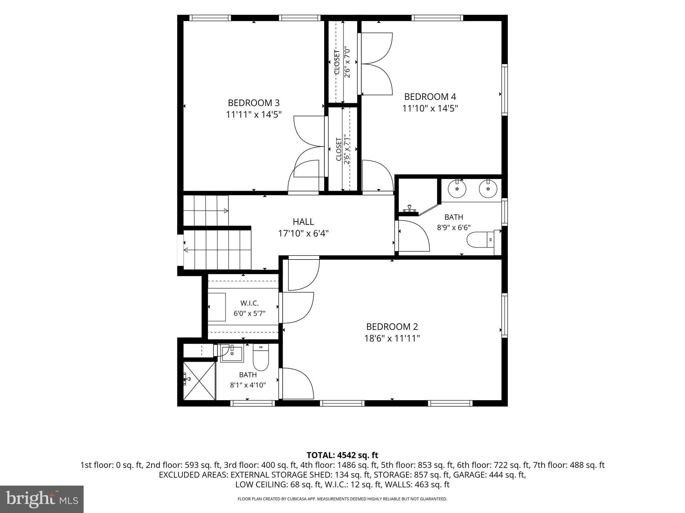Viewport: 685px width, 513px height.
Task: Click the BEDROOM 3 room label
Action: (x=254, y=103)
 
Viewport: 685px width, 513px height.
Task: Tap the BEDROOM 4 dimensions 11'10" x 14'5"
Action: (x=430, y=109)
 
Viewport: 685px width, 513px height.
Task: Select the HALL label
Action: (x=303, y=222)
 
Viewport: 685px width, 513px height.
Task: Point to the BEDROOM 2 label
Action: (x=392, y=327)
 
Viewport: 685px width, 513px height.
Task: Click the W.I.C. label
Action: (x=250, y=303)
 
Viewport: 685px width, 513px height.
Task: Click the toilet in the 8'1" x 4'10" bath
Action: (x=261, y=357)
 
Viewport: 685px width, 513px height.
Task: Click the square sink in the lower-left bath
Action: (x=232, y=354)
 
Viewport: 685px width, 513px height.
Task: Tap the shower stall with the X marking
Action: (x=199, y=380)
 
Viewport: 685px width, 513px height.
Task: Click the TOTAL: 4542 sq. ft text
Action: (x=342, y=455)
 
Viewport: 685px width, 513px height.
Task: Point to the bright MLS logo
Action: (x=42, y=499)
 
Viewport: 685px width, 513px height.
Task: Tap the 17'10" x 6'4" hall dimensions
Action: (x=303, y=233)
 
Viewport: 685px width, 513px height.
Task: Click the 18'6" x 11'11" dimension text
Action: (x=392, y=339)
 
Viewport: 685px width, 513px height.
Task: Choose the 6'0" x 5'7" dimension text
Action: (x=250, y=314)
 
